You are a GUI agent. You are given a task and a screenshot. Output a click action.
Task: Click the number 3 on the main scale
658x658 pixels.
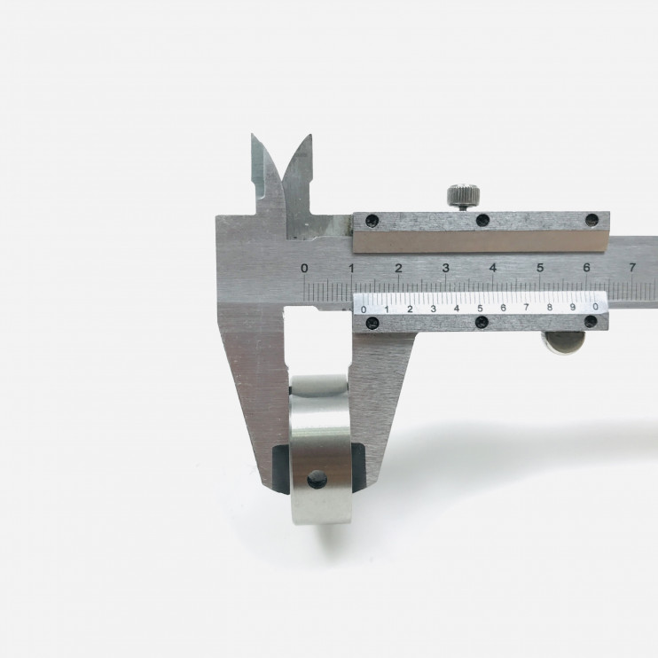tap(446, 267)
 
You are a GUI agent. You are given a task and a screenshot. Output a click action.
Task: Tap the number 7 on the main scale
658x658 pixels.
tap(632, 267)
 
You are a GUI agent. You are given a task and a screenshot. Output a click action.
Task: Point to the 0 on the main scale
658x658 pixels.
tap(305, 268)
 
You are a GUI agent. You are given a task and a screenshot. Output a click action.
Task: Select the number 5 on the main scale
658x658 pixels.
tap(540, 267)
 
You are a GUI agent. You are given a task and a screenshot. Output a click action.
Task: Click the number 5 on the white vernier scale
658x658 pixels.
tap(480, 309)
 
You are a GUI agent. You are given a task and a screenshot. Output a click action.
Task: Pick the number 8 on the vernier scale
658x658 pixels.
tap(549, 308)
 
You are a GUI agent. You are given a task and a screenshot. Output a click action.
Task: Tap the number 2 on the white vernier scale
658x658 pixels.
tap(410, 309)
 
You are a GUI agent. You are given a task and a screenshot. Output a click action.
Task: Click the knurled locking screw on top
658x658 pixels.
tap(463, 196)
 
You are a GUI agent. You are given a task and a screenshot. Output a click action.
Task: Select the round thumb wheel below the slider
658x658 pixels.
tap(564, 342)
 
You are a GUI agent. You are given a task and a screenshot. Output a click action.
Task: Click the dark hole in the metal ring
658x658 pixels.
tap(317, 479)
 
